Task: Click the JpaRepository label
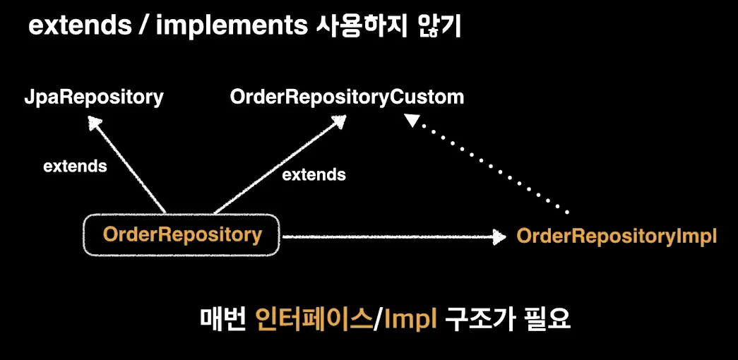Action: (x=93, y=97)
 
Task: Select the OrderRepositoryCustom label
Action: (x=347, y=97)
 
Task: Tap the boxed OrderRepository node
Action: (x=181, y=235)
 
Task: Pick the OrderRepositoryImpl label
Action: (x=617, y=236)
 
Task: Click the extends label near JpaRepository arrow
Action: (x=75, y=167)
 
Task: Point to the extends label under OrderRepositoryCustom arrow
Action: (x=314, y=174)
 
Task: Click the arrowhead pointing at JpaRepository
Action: (x=93, y=124)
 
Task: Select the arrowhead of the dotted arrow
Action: (x=412, y=122)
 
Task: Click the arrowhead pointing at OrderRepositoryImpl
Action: (x=499, y=237)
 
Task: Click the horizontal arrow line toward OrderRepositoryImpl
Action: (x=388, y=237)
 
